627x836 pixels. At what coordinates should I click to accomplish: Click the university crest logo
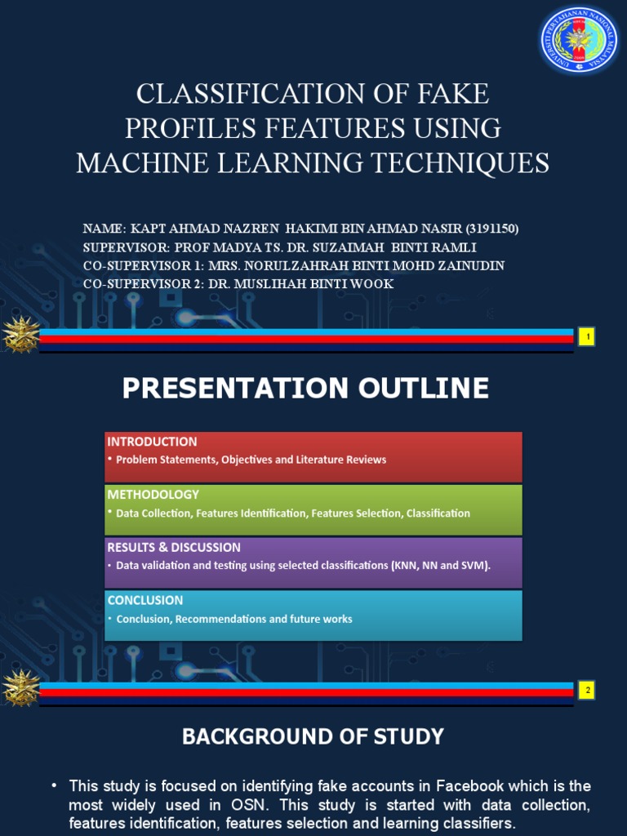(x=579, y=40)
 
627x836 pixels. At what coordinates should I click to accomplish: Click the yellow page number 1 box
(x=588, y=336)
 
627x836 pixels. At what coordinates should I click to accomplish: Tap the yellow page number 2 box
(x=588, y=691)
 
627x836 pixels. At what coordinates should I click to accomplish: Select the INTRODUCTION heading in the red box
(x=152, y=442)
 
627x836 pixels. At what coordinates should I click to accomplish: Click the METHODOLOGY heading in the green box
(x=153, y=494)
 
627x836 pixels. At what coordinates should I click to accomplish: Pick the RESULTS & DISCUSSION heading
(x=174, y=547)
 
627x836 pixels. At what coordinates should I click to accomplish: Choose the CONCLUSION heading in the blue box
(x=145, y=600)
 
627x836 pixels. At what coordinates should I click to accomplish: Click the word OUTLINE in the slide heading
(x=424, y=388)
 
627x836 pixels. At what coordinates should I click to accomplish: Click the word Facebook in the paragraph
(x=469, y=786)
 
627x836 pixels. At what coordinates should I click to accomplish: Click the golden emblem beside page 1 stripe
(x=20, y=334)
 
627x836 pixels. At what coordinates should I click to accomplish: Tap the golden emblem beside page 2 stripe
(x=20, y=687)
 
